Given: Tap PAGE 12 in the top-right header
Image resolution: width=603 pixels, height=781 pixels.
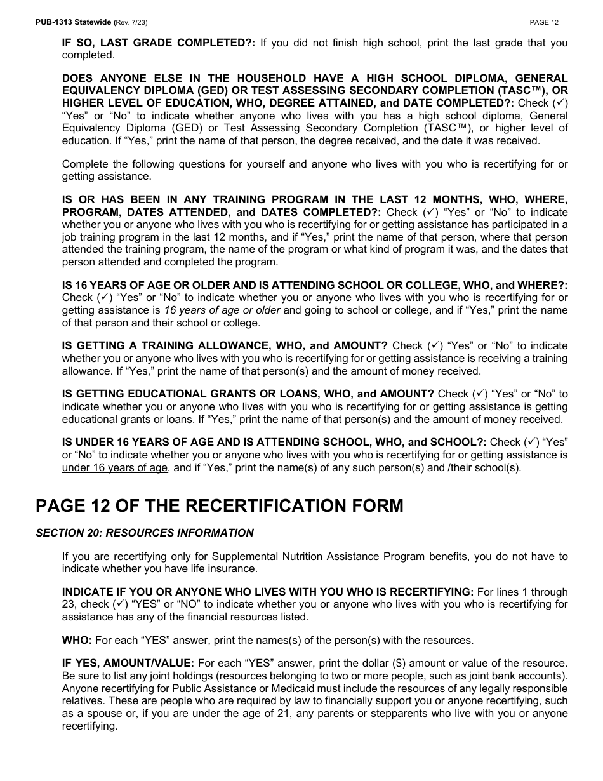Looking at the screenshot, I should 544,22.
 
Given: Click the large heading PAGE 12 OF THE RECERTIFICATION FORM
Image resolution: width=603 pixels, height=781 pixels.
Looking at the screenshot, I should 219,505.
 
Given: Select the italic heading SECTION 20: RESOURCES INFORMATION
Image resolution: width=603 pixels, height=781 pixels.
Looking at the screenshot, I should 145,533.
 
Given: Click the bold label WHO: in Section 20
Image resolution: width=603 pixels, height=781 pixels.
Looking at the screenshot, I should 77,640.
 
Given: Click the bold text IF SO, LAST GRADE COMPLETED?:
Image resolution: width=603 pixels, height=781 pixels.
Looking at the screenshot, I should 159,43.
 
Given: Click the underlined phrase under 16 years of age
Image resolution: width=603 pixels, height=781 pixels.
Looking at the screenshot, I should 115,467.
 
